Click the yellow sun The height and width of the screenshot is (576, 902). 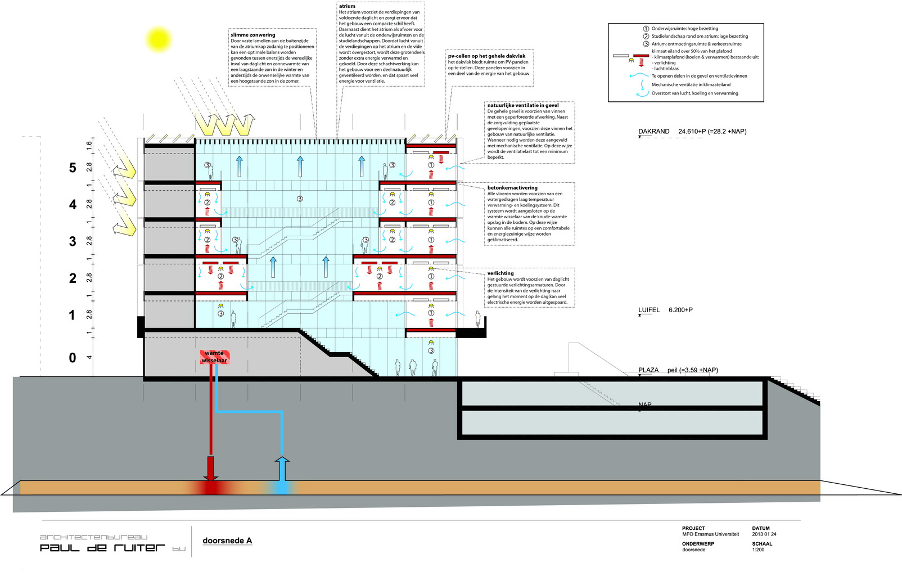158,39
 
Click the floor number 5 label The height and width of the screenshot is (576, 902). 73,168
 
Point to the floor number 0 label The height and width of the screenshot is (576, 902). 73,358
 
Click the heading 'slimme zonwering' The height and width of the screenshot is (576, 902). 253,35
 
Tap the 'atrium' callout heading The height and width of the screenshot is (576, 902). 347,6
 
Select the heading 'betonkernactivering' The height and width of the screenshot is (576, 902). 512,188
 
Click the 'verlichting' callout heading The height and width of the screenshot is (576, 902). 500,273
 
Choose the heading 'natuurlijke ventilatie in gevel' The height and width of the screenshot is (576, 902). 523,105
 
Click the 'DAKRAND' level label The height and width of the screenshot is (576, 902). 653,132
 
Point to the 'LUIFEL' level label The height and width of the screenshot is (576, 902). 649,310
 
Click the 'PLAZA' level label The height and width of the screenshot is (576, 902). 648,370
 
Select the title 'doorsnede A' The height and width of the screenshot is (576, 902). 227,541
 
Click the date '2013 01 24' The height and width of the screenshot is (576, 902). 764,534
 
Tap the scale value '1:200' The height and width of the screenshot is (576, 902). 759,550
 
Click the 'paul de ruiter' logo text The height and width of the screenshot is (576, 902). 102,547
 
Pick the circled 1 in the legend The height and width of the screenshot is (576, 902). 646,29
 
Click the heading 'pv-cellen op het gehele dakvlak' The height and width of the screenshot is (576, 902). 487,56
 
